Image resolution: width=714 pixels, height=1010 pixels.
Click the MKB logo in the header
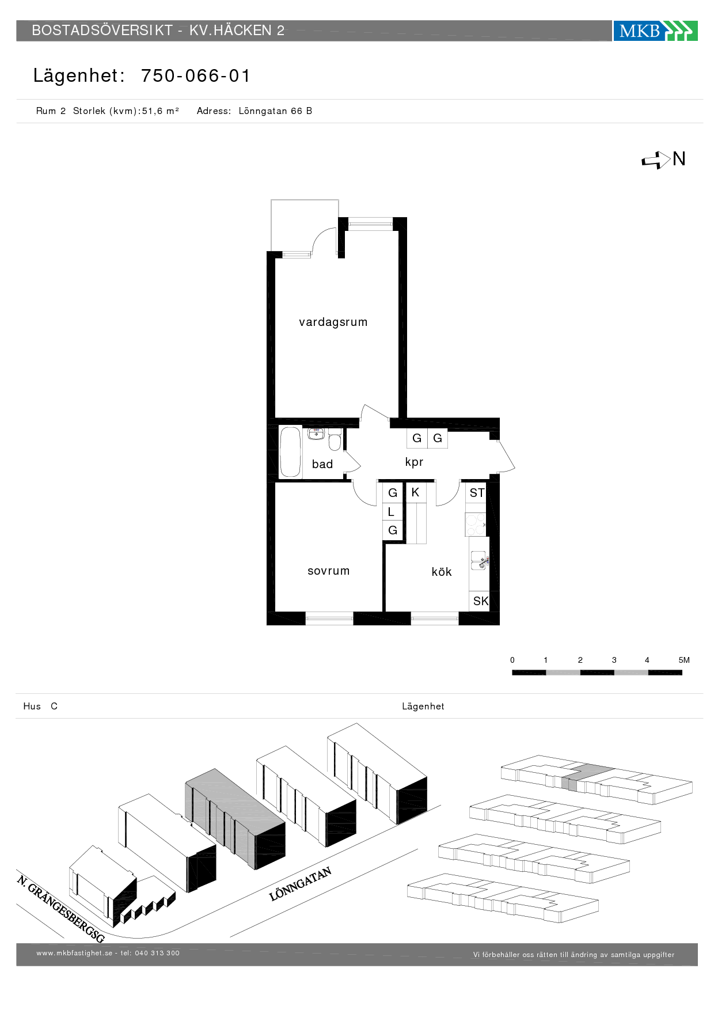point(655,31)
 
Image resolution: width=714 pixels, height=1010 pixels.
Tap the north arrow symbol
point(656,161)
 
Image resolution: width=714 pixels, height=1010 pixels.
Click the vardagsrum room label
point(333,322)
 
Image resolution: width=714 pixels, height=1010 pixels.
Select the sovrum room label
point(329,571)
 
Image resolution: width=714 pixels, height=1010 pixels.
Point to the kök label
point(442,572)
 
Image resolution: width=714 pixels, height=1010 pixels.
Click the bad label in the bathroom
point(322,464)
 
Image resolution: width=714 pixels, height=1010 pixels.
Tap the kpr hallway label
point(414,462)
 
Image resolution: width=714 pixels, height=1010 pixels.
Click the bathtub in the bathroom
point(291,452)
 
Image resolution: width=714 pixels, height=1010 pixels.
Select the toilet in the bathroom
point(335,441)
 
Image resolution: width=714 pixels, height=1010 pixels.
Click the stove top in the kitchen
point(476,525)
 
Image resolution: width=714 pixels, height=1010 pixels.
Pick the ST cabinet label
point(477,493)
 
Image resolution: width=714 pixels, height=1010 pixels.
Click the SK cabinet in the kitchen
point(480,601)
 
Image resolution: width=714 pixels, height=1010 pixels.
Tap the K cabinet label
point(415,492)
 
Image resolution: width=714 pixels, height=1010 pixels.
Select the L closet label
point(391,512)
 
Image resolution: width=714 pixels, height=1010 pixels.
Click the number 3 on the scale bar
point(614,660)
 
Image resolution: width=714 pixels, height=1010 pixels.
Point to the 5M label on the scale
point(684,660)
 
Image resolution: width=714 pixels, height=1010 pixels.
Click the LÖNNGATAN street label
point(301,884)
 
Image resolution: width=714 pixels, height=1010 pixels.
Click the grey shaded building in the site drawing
point(235,819)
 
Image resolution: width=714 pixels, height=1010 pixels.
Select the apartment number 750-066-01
point(196,76)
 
